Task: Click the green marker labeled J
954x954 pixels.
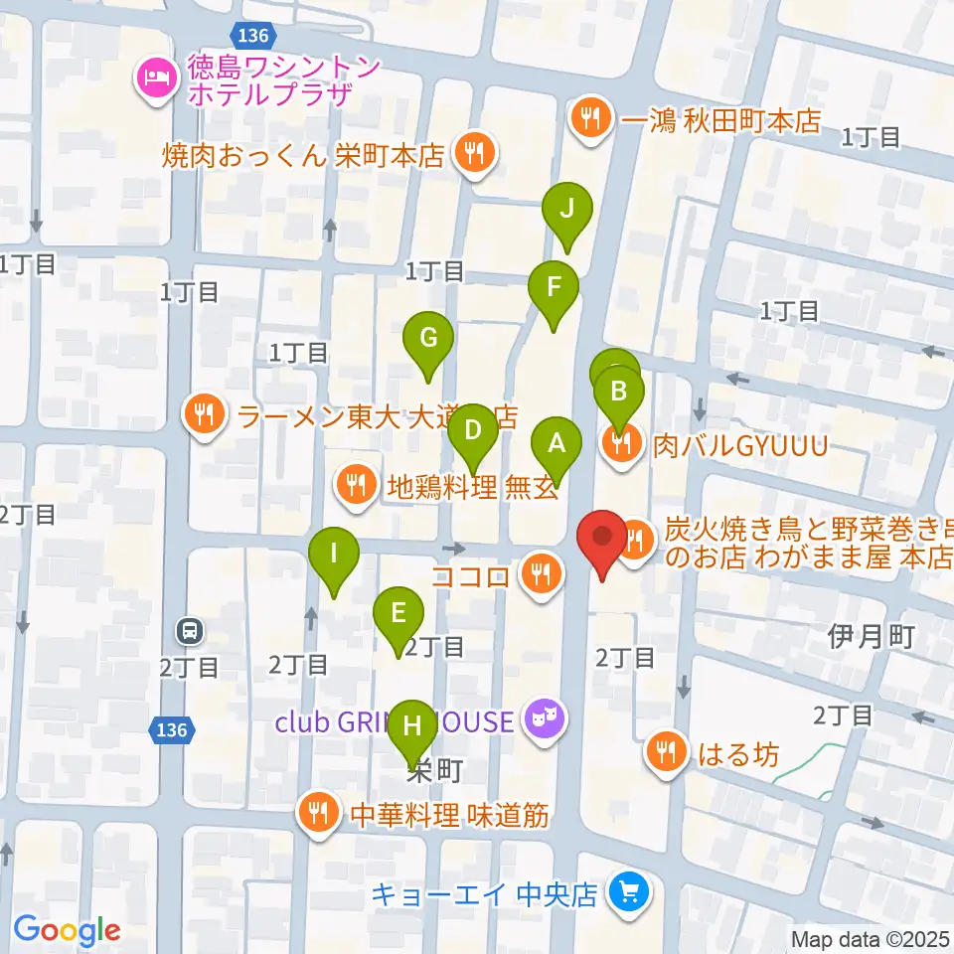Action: pyautogui.click(x=566, y=211)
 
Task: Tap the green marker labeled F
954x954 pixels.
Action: pyautogui.click(x=554, y=289)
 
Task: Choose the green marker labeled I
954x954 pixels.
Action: pyautogui.click(x=334, y=554)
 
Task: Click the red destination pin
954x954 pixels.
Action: pyautogui.click(x=602, y=537)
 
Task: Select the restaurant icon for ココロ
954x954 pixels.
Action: pyautogui.click(x=540, y=575)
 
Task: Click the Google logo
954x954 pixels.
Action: pyautogui.click(x=67, y=931)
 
